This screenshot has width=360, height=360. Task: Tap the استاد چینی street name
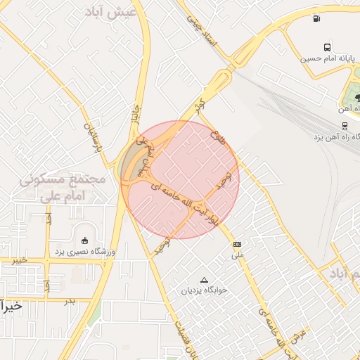coord(203,32)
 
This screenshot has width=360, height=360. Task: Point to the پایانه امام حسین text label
coord(325,58)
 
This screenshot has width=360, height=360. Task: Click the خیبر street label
coord(18,260)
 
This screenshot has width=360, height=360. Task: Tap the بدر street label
coord(69,301)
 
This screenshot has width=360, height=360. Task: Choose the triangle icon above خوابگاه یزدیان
coord(204,279)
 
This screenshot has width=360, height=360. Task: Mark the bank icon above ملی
coord(236,244)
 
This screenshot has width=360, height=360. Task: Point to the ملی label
coord(238,255)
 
